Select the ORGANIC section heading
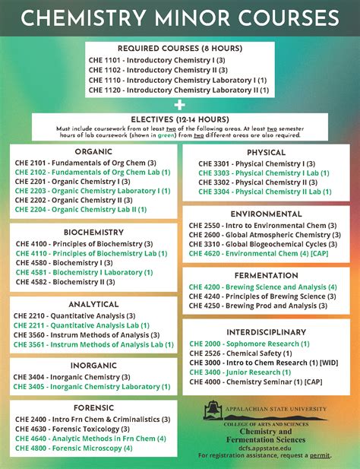(93, 151)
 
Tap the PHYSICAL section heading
(266, 152)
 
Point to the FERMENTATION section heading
(266, 275)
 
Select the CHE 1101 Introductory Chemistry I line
(156, 59)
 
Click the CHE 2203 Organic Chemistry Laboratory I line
(93, 191)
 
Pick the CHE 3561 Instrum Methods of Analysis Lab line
(93, 344)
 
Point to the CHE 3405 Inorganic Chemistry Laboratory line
(93, 386)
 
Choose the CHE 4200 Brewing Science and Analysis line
(263, 287)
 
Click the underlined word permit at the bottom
(321, 455)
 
